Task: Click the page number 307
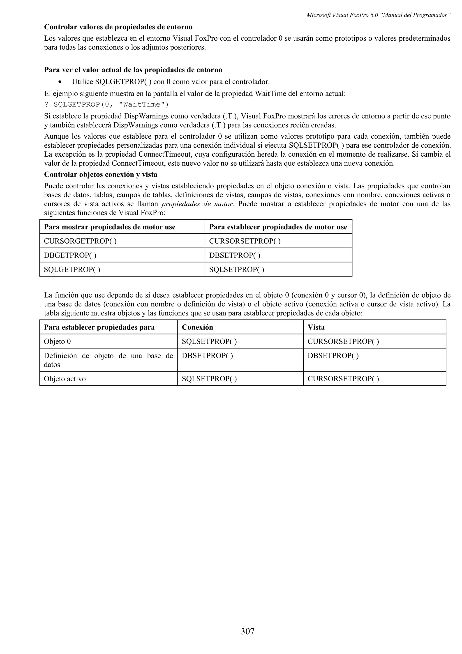tap(247, 631)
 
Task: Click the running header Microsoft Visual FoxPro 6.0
tap(378, 15)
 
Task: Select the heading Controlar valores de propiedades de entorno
tap(118, 27)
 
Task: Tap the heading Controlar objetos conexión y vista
tap(100, 174)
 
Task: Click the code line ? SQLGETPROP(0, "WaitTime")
tap(106, 104)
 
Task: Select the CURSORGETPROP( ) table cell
tap(80, 241)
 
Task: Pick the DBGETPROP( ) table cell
tap(70, 255)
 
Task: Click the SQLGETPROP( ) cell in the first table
tap(72, 269)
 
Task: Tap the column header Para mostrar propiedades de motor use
tap(110, 227)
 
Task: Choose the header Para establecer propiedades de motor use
tap(278, 227)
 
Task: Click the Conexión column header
tap(197, 327)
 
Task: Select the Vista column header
tap(316, 327)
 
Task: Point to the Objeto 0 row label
tap(57, 341)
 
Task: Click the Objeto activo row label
tap(65, 379)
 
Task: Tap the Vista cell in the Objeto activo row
tap(343, 379)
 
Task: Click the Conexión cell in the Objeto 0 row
tap(209, 341)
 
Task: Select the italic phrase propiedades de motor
tap(197, 204)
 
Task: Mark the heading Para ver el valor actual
tap(133, 70)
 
